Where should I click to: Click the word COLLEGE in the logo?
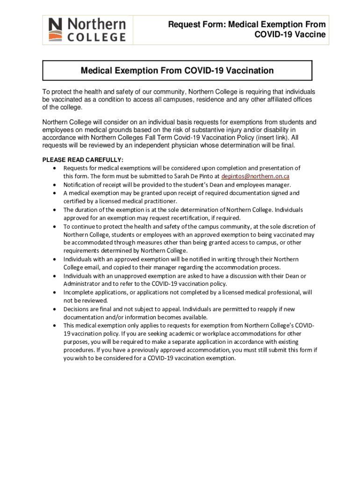[96, 37]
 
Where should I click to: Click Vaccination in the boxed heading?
[250, 71]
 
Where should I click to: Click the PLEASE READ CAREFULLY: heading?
[83, 160]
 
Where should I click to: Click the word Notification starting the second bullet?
[79, 185]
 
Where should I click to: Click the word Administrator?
[82, 284]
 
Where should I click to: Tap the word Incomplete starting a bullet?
[79, 292]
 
